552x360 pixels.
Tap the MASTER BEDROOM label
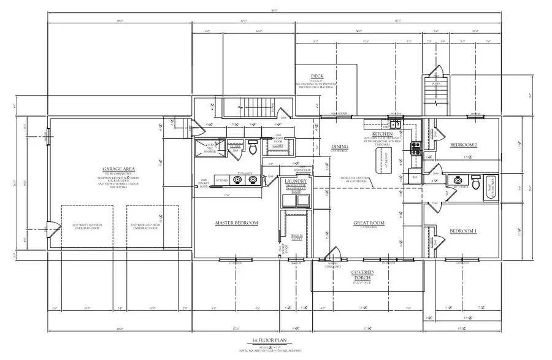click(x=237, y=223)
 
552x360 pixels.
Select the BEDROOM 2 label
click(x=464, y=145)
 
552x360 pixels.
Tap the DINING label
click(x=340, y=147)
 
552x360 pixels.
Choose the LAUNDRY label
click(x=294, y=182)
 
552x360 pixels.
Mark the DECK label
click(x=318, y=77)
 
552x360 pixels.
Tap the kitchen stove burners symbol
click(x=415, y=147)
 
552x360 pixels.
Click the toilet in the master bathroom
click(x=253, y=148)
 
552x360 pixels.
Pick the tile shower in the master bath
click(x=207, y=148)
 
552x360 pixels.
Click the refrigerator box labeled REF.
click(x=414, y=177)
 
